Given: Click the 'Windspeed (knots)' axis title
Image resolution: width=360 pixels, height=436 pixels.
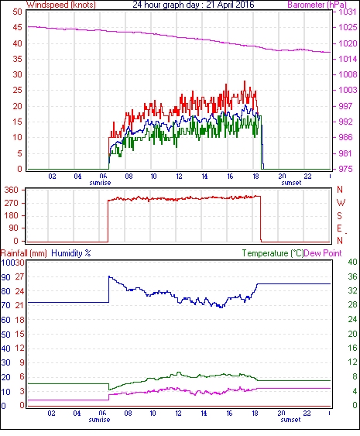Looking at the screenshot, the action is (x=61, y=5).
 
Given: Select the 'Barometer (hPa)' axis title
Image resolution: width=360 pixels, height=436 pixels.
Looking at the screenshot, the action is (x=317, y=5).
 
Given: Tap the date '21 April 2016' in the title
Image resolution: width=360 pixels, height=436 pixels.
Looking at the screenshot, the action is (x=230, y=5).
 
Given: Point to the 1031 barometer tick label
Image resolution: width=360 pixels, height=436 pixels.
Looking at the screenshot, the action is (x=347, y=12).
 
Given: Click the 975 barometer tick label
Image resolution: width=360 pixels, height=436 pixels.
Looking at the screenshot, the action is (x=345, y=169).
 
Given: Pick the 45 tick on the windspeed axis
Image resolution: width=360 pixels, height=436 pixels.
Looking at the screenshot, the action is (x=18, y=28).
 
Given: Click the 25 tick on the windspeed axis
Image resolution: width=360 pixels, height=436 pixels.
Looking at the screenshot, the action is (x=18, y=91).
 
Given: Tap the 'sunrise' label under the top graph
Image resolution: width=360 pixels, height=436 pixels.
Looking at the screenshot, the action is (x=100, y=183).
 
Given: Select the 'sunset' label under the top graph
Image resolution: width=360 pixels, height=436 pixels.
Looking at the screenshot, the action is (x=291, y=183).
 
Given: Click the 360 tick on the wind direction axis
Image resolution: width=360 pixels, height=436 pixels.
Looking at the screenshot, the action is (x=12, y=191).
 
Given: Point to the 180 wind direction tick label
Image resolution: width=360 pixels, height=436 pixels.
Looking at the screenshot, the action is (x=12, y=215).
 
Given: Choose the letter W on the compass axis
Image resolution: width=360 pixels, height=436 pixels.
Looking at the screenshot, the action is (x=341, y=203).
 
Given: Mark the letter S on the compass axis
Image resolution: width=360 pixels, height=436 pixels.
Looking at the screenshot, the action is (x=339, y=215).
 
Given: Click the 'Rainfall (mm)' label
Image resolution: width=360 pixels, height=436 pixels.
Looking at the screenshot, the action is (x=24, y=253).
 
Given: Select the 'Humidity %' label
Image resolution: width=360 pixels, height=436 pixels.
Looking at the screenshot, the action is (x=71, y=253).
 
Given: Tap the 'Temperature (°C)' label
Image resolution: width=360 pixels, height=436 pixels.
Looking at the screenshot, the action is (x=273, y=253).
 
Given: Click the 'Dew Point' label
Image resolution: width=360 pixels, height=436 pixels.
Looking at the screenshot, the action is (x=323, y=253).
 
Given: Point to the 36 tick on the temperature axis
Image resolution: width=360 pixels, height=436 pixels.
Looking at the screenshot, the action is (x=352, y=276).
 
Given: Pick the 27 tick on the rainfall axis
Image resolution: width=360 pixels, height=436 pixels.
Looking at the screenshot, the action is (x=19, y=277).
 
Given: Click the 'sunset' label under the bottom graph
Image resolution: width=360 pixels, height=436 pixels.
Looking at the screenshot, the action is (x=290, y=420).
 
